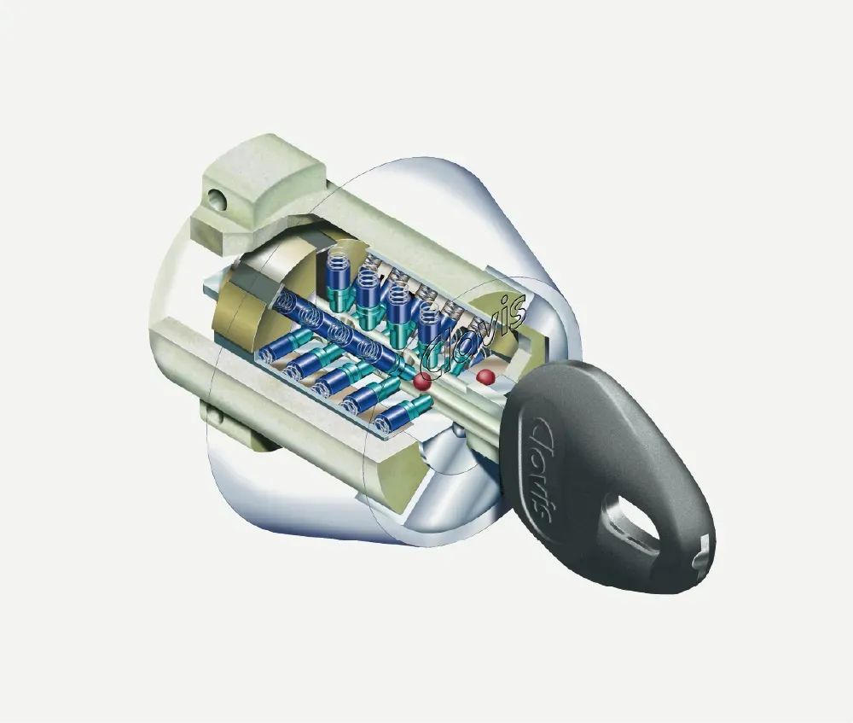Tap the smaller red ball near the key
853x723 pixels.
(x=485, y=376)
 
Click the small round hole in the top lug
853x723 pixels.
(x=218, y=199)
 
